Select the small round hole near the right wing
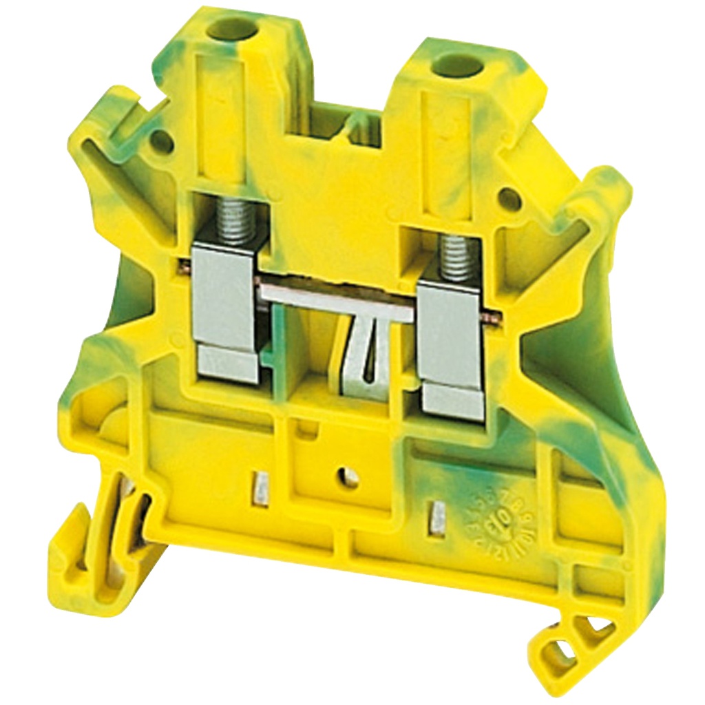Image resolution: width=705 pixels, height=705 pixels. click(509, 198)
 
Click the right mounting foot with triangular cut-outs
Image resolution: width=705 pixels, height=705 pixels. click(565, 640)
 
